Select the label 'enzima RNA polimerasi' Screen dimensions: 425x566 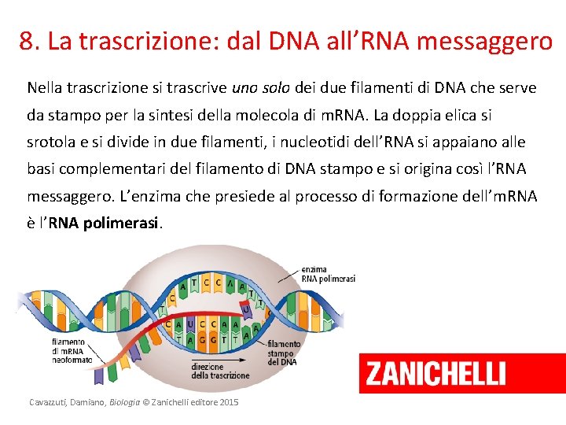coord(328,274)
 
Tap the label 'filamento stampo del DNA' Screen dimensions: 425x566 coord(283,352)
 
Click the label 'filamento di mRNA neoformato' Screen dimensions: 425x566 coord(72,351)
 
